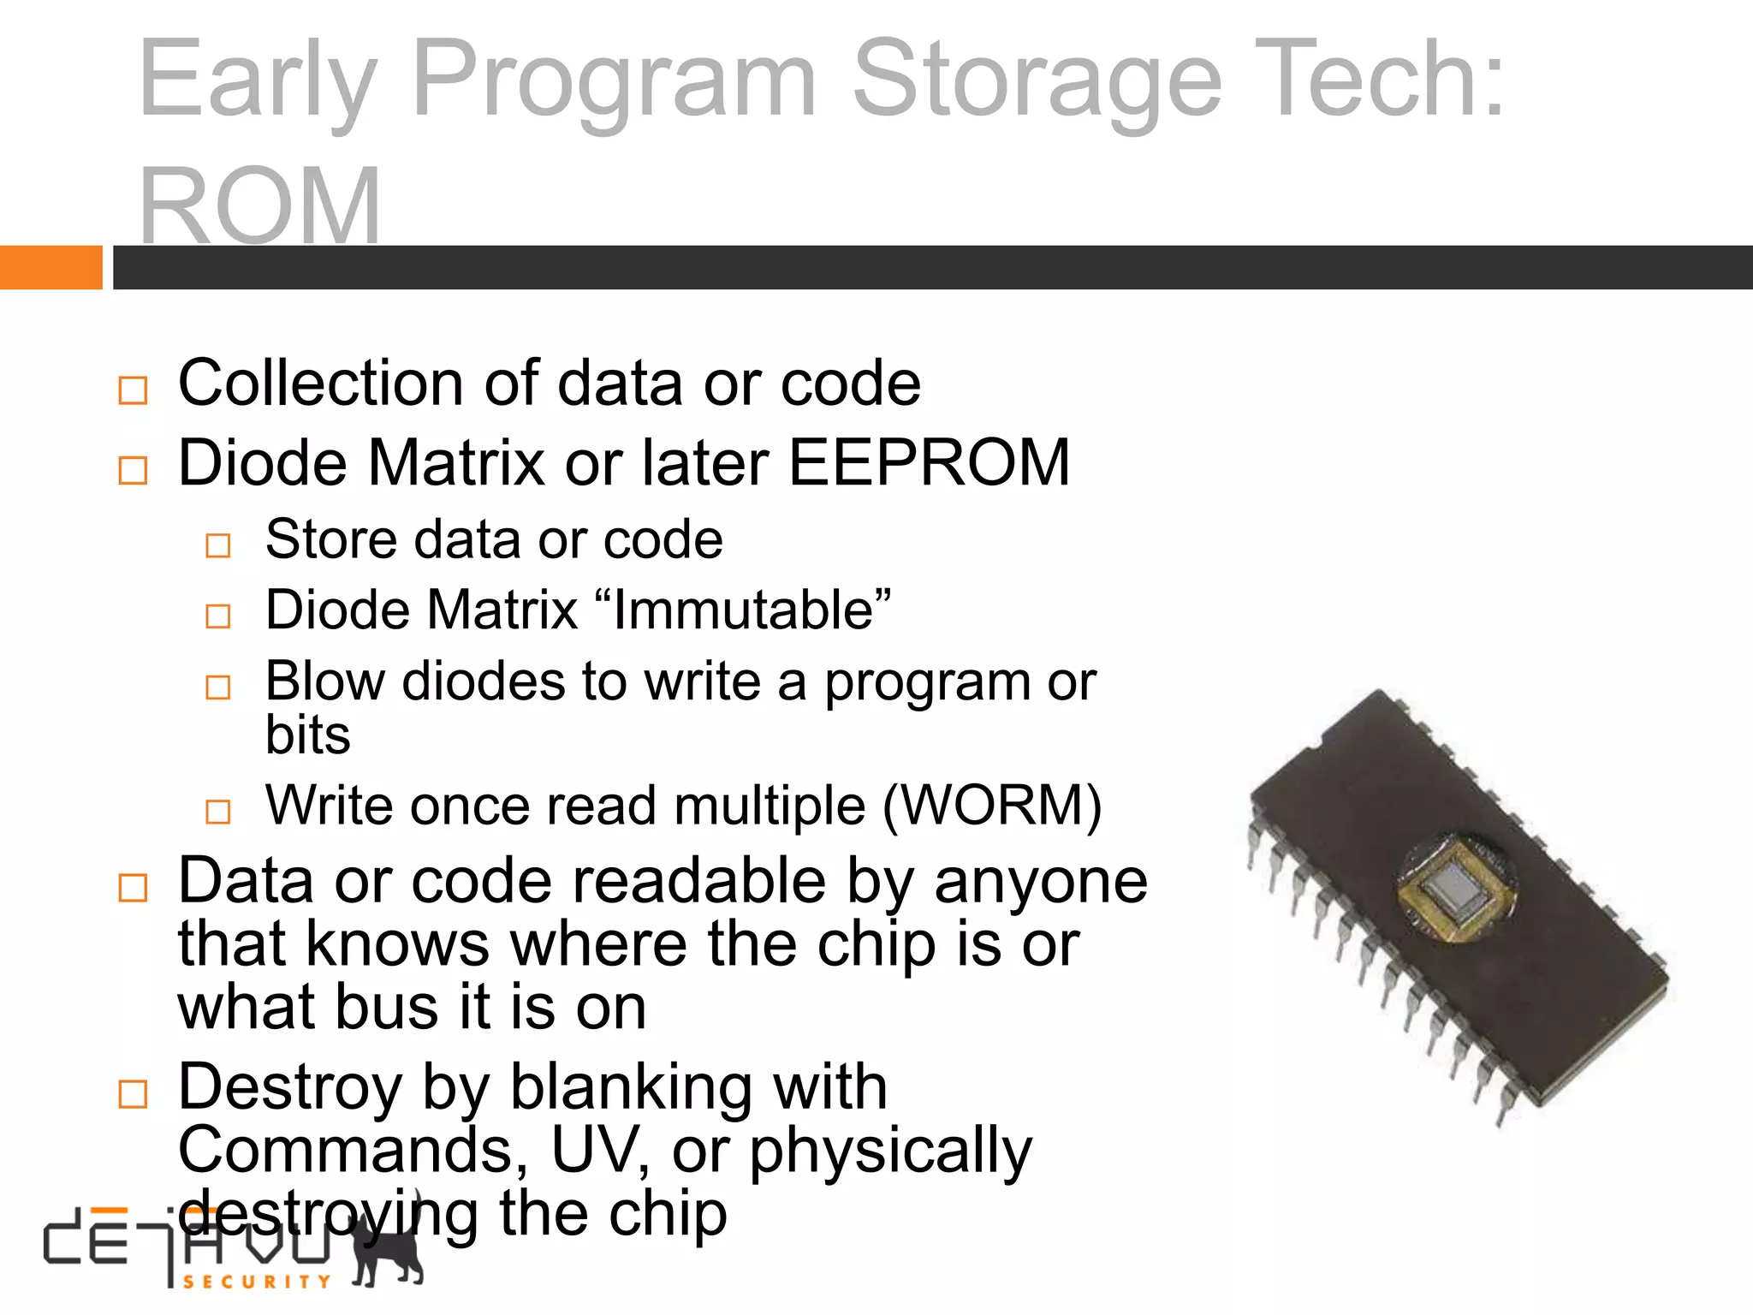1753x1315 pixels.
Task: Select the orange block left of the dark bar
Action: [x=51, y=267]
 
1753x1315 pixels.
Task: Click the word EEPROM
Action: [x=929, y=463]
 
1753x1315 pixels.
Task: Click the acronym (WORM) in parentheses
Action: [x=991, y=806]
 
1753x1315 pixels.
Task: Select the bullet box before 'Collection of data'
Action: [x=133, y=390]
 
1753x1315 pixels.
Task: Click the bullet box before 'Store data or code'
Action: [x=218, y=545]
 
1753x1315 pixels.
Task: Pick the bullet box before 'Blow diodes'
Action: [x=218, y=687]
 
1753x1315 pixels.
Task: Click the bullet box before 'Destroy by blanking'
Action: [x=133, y=1093]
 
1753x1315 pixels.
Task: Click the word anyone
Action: [x=1040, y=881]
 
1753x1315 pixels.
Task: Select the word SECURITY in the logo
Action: [x=257, y=1282]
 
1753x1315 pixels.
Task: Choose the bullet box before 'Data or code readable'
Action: [x=133, y=888]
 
